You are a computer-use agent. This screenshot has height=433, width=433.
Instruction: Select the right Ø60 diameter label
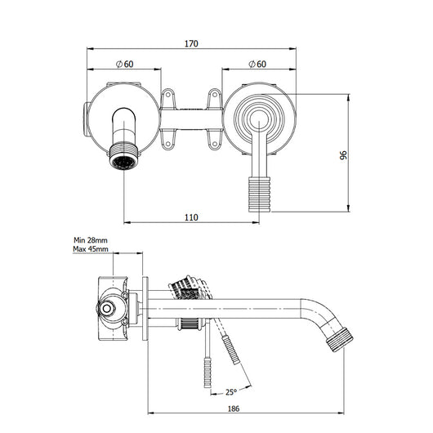coord(256,64)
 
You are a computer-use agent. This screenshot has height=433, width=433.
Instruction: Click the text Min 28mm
coord(91,239)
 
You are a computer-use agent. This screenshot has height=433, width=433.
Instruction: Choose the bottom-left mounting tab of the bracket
coord(170,144)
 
